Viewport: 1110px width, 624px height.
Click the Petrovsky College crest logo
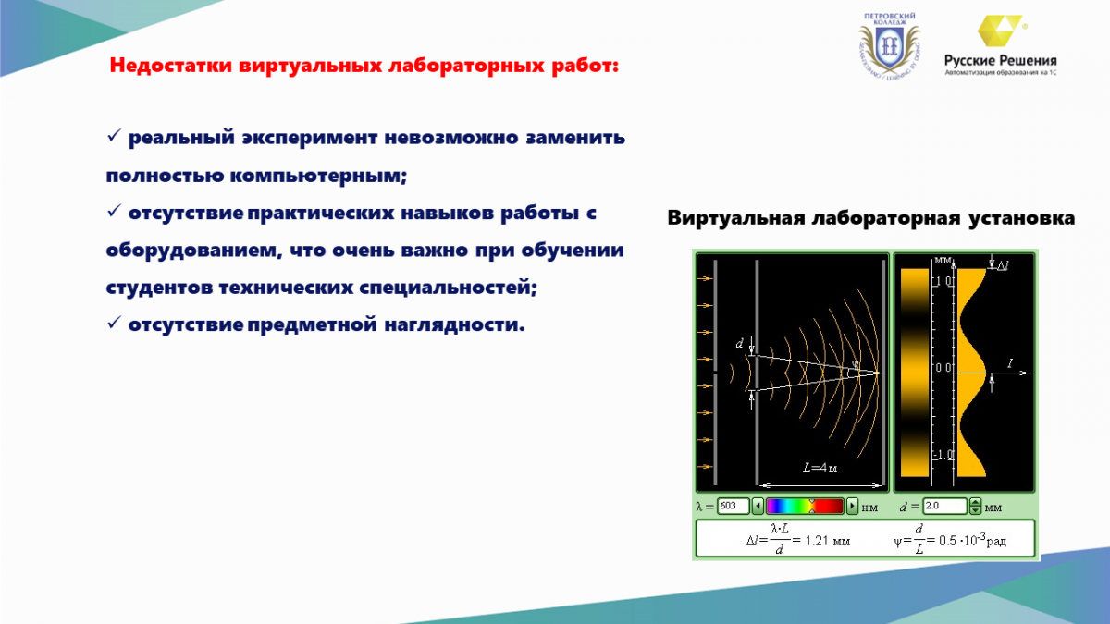tap(890, 46)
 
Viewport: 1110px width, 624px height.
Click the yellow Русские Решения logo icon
tap(1000, 31)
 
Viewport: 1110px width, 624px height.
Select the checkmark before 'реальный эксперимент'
tap(114, 135)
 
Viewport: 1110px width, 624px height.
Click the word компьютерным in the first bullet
tap(318, 176)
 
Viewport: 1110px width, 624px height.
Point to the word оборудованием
tap(191, 251)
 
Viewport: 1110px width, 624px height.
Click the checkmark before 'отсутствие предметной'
tap(114, 323)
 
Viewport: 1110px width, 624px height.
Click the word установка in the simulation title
tap(1021, 218)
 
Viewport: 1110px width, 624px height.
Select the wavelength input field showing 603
tap(733, 506)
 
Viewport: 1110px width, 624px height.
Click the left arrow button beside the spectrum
tap(758, 507)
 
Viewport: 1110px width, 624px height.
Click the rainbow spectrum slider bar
tap(805, 507)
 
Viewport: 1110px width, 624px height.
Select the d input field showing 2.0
tap(944, 506)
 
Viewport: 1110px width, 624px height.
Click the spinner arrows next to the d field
tap(975, 507)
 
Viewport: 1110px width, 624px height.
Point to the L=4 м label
tap(820, 468)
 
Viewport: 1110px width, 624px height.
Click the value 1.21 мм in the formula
tap(827, 541)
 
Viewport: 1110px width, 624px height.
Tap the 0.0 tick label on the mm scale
tap(943, 368)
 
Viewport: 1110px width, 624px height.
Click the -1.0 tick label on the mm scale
tap(942, 455)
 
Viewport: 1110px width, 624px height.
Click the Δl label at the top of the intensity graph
tap(1003, 266)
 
